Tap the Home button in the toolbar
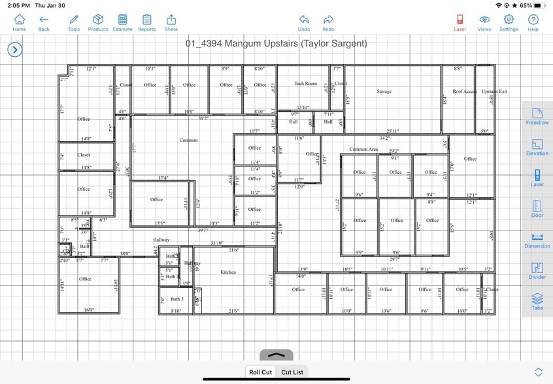(x=20, y=22)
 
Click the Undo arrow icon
(x=304, y=22)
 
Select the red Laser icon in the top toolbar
(x=460, y=22)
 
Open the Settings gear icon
(x=509, y=22)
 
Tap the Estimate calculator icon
(x=122, y=22)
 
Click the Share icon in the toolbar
(x=171, y=22)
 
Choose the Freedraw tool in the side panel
(x=537, y=116)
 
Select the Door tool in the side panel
(x=537, y=209)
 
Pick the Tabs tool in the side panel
(x=537, y=301)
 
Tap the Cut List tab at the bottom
(x=292, y=372)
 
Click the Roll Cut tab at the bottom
(x=260, y=372)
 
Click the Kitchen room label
(x=228, y=272)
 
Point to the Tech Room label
(x=305, y=84)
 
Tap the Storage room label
(x=384, y=91)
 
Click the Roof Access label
(x=465, y=91)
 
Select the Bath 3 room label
(x=177, y=299)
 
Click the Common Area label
(x=363, y=150)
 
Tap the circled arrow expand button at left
(x=14, y=50)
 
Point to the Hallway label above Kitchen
(x=161, y=240)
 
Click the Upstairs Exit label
(x=494, y=91)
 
